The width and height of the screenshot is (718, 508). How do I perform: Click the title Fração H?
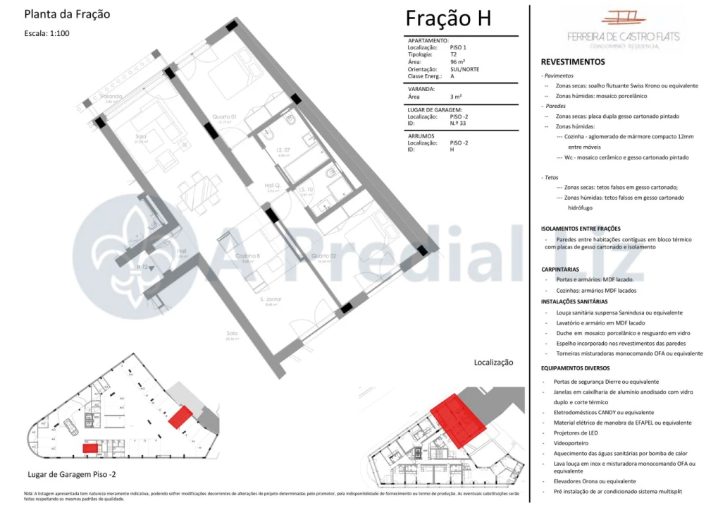coord(447,19)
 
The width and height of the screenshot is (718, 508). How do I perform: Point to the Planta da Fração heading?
coord(67,14)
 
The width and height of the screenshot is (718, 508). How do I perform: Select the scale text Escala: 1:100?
coord(47,33)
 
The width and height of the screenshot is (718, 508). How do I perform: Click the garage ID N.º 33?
coord(457,123)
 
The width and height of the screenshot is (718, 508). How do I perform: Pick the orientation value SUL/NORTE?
coord(464,69)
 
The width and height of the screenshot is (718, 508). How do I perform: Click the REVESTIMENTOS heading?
coord(573,62)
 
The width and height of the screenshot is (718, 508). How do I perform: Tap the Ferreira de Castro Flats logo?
coord(623,29)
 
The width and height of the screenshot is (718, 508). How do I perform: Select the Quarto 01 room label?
coord(224,117)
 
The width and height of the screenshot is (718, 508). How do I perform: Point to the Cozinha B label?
coord(247,255)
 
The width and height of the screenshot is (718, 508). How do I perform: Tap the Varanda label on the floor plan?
coord(111,96)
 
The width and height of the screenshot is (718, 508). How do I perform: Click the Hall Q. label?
coord(273,186)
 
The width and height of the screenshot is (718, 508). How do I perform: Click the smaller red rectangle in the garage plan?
coord(90,448)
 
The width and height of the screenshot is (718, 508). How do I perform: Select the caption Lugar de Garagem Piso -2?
coord(72,475)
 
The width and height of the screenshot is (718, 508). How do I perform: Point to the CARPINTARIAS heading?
coord(560,270)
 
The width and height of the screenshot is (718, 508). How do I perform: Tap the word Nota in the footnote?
coord(28,494)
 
